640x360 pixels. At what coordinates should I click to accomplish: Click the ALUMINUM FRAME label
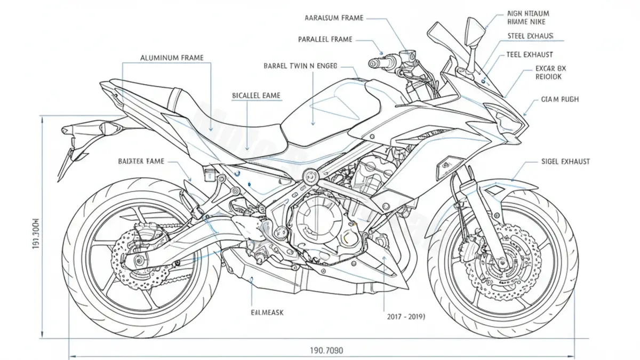[x=171, y=57]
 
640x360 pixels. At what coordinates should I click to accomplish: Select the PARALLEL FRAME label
[x=325, y=39]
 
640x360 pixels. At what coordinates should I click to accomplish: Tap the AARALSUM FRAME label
[x=333, y=18]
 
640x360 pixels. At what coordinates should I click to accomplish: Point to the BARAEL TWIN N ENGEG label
[x=300, y=67]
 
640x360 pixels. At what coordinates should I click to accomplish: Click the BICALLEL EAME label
[x=256, y=95]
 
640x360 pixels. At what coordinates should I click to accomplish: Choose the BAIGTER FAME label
[x=141, y=161]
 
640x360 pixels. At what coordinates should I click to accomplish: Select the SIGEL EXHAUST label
[x=558, y=162]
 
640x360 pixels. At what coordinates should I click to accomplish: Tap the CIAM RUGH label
[x=559, y=99]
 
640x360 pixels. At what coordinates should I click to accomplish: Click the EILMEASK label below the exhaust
[x=267, y=312]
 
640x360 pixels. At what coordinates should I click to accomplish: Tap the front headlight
[x=507, y=120]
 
